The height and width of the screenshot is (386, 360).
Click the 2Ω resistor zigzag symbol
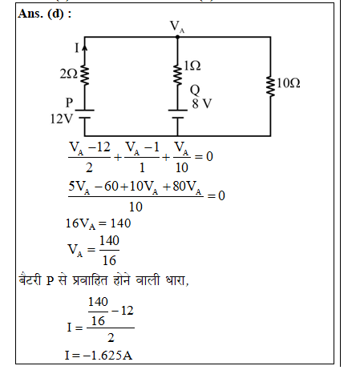point(85,75)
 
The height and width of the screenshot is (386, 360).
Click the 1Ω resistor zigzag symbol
point(177,75)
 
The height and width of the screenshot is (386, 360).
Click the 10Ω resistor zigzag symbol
point(270,86)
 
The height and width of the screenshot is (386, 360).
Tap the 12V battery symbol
point(84,114)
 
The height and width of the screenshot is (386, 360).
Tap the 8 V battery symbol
point(177,114)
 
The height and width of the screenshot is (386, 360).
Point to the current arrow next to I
point(84,48)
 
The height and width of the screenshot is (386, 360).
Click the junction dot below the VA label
point(177,37)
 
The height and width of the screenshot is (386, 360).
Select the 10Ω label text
point(289,83)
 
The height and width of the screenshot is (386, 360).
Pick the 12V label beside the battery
point(62,119)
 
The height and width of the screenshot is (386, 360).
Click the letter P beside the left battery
point(69,103)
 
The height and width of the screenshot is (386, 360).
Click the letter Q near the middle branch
point(195,90)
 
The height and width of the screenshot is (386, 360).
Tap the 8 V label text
point(202,103)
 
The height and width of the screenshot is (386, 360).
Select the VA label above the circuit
point(177,26)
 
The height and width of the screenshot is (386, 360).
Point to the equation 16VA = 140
point(98,223)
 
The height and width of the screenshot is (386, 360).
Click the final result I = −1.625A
point(99,356)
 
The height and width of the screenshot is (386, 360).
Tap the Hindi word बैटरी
point(30,280)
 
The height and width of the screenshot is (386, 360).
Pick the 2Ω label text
point(69,74)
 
